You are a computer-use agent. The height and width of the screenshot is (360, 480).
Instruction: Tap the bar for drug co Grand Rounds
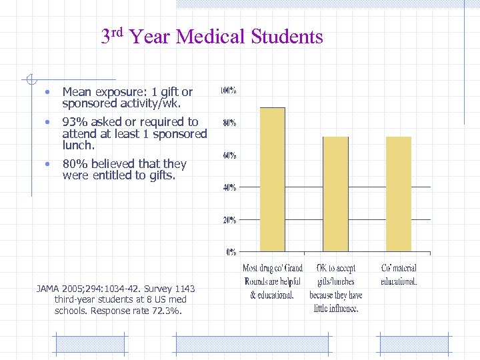tap(272, 180)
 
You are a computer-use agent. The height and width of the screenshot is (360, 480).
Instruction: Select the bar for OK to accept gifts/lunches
tap(335, 194)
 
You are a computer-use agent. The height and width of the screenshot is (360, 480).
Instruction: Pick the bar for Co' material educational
tap(399, 194)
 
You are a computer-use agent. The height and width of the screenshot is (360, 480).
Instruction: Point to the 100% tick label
tap(228, 90)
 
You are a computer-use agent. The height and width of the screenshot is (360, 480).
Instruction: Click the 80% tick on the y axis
tap(229, 123)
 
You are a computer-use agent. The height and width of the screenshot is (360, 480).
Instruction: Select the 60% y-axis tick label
tap(229, 155)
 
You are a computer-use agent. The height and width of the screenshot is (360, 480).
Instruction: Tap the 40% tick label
tap(229, 187)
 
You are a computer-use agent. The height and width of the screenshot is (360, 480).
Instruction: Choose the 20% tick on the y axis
tap(229, 219)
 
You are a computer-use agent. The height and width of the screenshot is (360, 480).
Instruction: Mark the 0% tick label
tap(231, 252)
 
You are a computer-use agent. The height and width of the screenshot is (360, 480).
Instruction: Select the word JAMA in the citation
tap(48, 289)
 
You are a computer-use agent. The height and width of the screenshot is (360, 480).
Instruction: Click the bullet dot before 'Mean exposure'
tap(47, 92)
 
